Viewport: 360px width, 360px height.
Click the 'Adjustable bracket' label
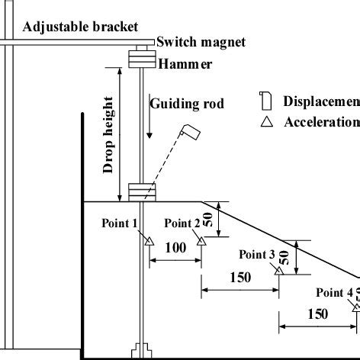click(x=80, y=27)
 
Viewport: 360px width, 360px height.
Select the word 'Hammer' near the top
click(x=186, y=64)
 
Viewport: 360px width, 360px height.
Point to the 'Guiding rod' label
click(x=187, y=103)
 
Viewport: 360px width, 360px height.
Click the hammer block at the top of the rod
click(x=141, y=58)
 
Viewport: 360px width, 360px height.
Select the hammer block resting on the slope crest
click(x=141, y=191)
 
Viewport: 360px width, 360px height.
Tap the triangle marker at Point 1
click(x=149, y=241)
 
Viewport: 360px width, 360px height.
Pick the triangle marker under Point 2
click(x=201, y=241)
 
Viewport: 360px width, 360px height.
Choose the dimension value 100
click(x=175, y=248)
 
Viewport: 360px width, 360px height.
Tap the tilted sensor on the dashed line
click(x=191, y=133)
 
